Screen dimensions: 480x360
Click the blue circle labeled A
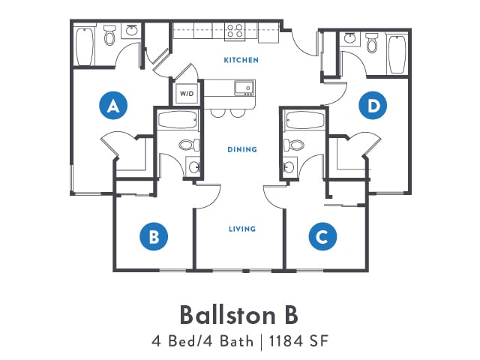[113, 105]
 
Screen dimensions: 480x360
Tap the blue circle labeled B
[154, 236]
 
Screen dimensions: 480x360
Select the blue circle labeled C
[322, 236]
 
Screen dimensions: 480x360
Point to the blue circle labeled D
[373, 105]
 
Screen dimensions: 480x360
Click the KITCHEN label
[241, 60]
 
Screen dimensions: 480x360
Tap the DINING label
[242, 149]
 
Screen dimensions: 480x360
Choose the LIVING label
[242, 229]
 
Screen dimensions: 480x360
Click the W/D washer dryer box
[187, 93]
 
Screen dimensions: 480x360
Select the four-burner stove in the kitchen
[235, 31]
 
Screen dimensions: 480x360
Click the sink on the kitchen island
[244, 88]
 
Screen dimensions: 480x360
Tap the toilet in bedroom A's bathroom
[109, 35]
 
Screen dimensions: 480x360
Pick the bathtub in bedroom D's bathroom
[397, 54]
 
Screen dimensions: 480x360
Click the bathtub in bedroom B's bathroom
[178, 120]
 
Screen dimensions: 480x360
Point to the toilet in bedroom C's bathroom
[293, 145]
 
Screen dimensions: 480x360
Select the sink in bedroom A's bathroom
[132, 31]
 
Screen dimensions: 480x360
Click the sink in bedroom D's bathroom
[349, 38]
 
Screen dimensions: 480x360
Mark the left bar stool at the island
[218, 112]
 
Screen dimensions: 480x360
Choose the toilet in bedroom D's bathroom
[372, 43]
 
